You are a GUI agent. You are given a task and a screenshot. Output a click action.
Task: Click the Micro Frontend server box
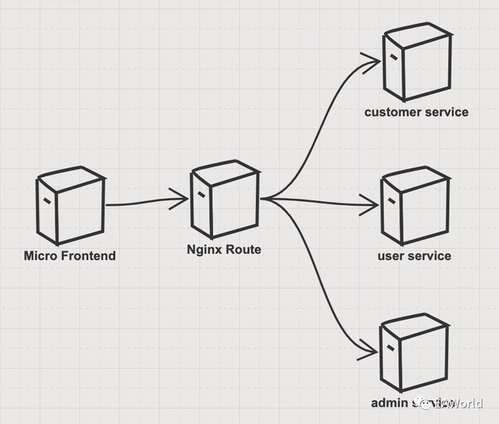point(70,206)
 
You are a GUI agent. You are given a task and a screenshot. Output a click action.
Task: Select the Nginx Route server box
point(225,200)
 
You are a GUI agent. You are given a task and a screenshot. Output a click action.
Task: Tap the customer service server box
point(416,63)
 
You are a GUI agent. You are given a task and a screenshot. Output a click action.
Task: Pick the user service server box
point(415,207)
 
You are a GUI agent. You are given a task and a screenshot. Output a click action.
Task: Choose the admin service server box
point(413,355)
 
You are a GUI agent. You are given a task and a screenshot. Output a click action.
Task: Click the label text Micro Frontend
point(69,256)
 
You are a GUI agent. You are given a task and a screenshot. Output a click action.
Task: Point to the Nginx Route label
point(224,250)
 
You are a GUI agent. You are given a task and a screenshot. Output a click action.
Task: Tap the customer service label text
point(416,112)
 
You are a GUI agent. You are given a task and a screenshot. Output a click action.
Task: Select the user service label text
point(414,256)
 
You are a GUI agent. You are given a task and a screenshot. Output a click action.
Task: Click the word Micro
point(41,256)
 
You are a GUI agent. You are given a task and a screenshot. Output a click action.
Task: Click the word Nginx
point(205,250)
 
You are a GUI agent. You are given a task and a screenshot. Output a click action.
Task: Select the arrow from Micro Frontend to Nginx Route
point(144,203)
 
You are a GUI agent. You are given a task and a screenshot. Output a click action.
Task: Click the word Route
point(243,250)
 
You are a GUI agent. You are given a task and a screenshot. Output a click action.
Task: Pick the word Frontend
point(87,256)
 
